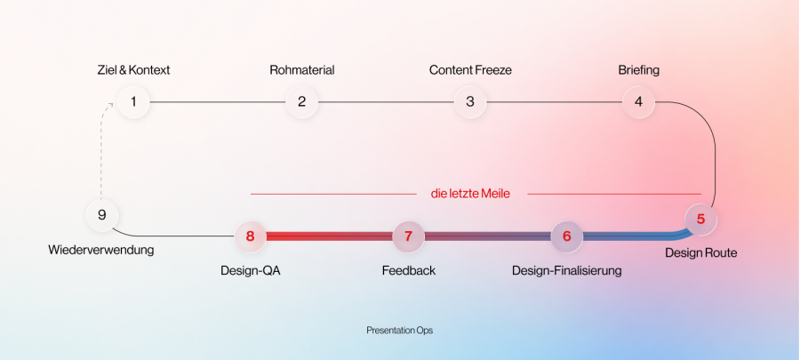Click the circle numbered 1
click(x=133, y=102)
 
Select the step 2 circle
click(x=301, y=102)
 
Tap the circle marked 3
click(x=470, y=102)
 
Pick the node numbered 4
click(x=638, y=102)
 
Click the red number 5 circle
click(x=700, y=220)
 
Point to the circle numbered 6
click(x=567, y=236)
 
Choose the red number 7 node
click(x=408, y=236)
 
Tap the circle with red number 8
click(x=250, y=236)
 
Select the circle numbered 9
click(x=101, y=215)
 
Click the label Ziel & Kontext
click(x=133, y=70)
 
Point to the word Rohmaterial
click(x=302, y=70)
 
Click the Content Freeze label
click(x=470, y=70)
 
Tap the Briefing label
click(x=639, y=70)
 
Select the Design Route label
click(x=701, y=253)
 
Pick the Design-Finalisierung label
click(x=567, y=271)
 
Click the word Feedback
click(x=409, y=271)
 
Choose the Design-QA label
click(x=251, y=271)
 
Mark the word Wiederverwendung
click(x=101, y=251)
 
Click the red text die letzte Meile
click(x=470, y=194)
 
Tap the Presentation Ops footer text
click(x=399, y=331)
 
